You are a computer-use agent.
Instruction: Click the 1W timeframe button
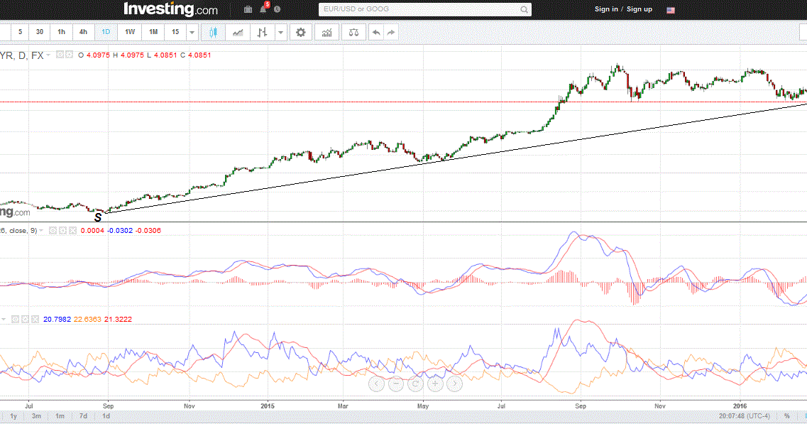[130, 32]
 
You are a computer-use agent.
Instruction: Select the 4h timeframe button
[84, 32]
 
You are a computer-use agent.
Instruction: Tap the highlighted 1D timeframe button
[106, 32]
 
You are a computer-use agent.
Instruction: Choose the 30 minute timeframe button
[40, 32]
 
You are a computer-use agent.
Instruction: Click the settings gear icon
[301, 32]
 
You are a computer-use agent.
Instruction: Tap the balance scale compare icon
[353, 32]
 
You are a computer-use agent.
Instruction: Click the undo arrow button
[375, 32]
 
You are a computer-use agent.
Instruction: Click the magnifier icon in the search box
[525, 10]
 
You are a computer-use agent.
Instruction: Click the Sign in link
[606, 9]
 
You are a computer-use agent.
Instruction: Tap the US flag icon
[671, 10]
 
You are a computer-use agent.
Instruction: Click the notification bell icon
[263, 9]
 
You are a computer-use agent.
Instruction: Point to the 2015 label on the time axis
[268, 406]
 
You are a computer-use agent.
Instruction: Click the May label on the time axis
[423, 406]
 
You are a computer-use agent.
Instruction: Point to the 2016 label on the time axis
[741, 406]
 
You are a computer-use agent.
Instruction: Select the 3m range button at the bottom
[36, 416]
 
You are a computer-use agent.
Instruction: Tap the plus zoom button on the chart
[435, 384]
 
